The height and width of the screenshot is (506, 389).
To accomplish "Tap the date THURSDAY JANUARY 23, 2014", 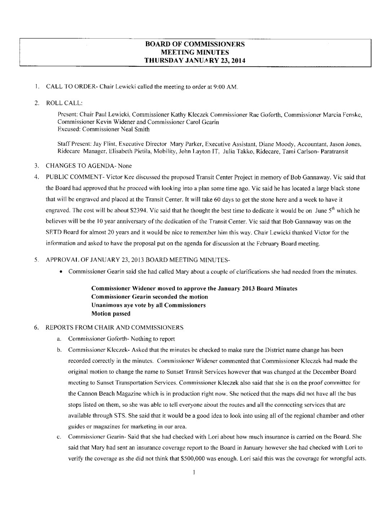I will [x=195, y=61].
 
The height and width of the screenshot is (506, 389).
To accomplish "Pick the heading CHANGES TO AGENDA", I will [x=79, y=166].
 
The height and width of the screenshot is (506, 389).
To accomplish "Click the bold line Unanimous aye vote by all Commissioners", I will [x=149, y=305].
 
